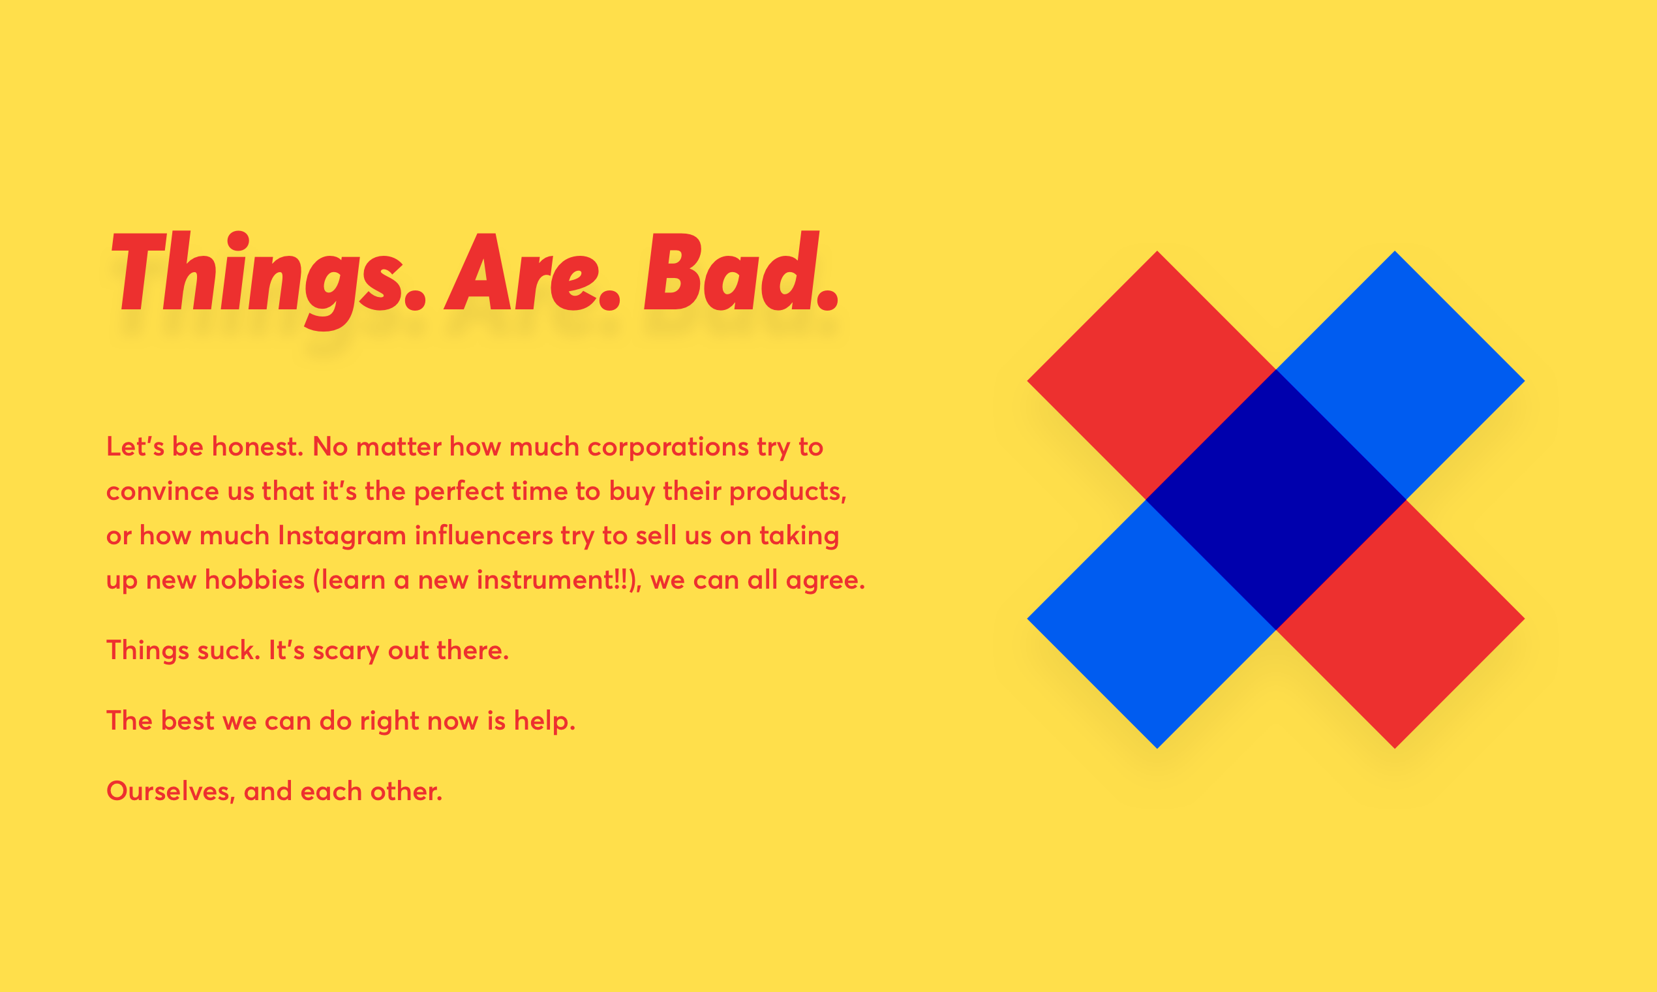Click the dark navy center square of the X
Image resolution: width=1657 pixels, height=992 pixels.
(1275, 499)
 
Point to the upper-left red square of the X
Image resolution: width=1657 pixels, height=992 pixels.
(1152, 375)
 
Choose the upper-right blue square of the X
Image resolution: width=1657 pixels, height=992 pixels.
(1401, 375)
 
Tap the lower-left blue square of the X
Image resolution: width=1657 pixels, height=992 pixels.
(1152, 624)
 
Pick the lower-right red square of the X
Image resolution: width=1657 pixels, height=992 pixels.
(1401, 624)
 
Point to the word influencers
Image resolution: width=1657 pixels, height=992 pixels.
(484, 535)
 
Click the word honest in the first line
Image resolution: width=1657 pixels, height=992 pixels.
(257, 446)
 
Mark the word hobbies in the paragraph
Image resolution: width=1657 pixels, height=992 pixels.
(254, 580)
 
